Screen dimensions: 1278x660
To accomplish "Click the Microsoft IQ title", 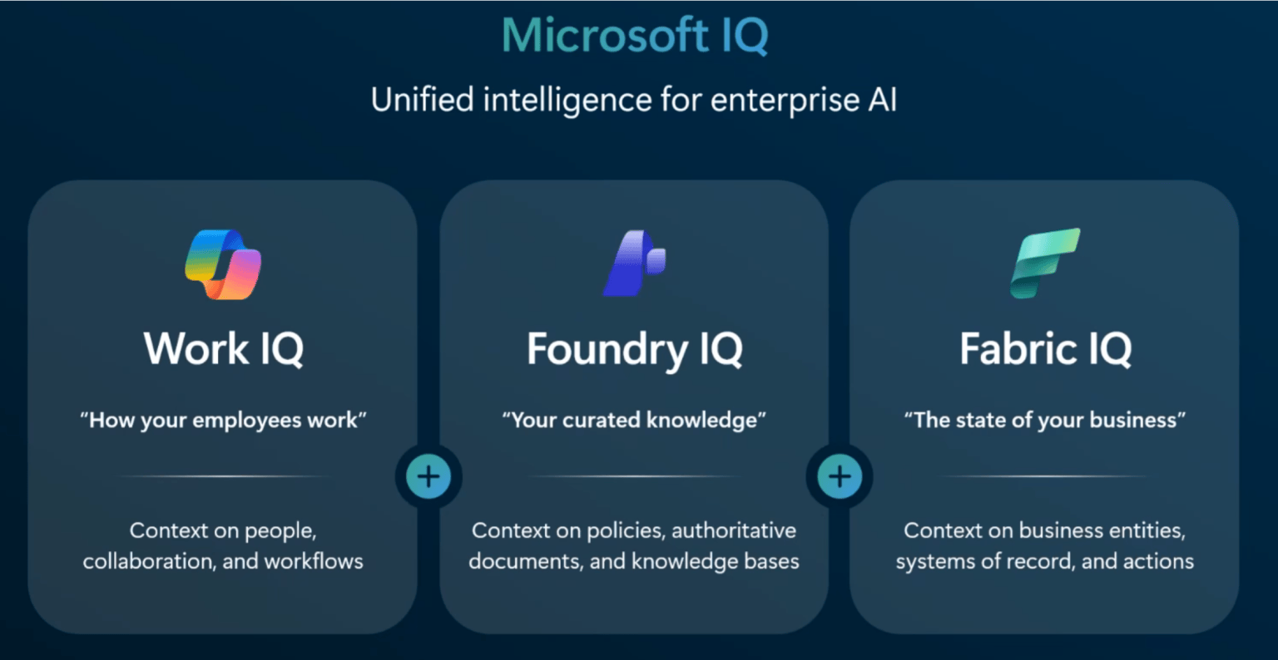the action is [x=635, y=36].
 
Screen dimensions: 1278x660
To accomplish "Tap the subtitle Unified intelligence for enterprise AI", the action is [x=634, y=101].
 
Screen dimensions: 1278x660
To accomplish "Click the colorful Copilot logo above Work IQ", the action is [x=223, y=264].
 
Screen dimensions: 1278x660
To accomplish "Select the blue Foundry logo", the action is [x=634, y=264].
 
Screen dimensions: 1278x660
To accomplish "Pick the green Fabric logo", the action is [x=1045, y=263].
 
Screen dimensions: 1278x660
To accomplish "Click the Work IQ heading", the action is [x=223, y=348].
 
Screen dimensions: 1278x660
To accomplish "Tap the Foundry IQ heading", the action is [x=634, y=349].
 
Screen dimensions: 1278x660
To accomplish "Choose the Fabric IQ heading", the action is [x=1045, y=348].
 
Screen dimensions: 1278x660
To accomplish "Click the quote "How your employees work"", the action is [x=223, y=421].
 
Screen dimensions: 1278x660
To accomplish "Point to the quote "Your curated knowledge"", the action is [x=634, y=421].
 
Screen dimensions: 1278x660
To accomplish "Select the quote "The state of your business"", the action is [x=1045, y=421].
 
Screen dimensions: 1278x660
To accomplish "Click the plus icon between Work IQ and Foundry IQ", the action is [x=428, y=476].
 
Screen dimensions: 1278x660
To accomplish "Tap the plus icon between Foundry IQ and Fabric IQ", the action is [x=840, y=476].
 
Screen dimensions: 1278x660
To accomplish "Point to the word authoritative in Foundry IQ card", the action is [x=734, y=530].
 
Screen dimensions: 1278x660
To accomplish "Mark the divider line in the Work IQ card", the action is [x=223, y=476].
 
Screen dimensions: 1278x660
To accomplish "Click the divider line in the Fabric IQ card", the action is [x=1045, y=476].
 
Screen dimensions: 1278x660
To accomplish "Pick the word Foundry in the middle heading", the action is [x=607, y=349].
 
